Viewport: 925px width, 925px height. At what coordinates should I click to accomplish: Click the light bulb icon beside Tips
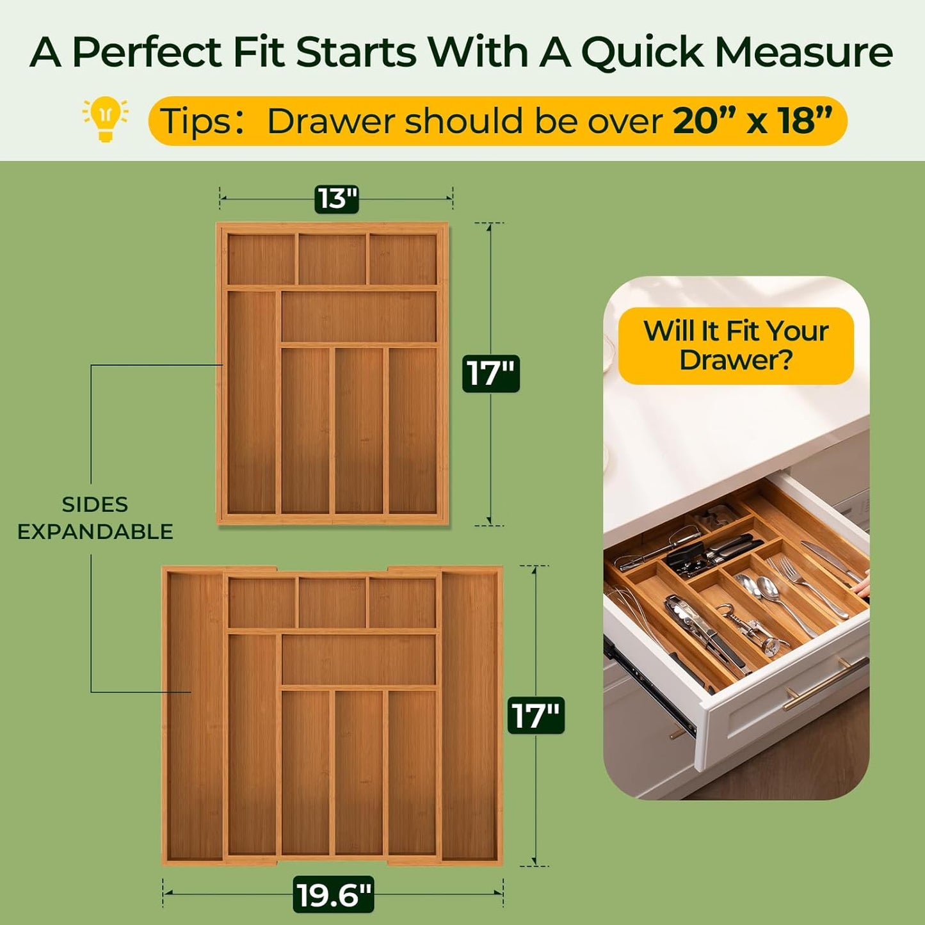pyautogui.click(x=106, y=119)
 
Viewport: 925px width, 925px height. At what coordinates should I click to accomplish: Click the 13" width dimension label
pyautogui.click(x=337, y=199)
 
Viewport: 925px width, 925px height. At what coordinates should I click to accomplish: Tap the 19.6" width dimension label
pyautogui.click(x=334, y=894)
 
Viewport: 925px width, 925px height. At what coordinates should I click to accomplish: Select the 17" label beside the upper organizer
pyautogui.click(x=491, y=374)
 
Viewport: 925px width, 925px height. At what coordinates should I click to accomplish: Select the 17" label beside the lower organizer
pyautogui.click(x=536, y=715)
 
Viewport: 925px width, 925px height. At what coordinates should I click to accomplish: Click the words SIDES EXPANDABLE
pyautogui.click(x=95, y=518)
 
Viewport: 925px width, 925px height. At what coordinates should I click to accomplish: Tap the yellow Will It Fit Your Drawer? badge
pyautogui.click(x=736, y=346)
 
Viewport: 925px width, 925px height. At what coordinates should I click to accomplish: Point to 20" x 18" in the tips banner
pyautogui.click(x=752, y=120)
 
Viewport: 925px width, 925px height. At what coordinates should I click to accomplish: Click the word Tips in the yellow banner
pyautogui.click(x=195, y=121)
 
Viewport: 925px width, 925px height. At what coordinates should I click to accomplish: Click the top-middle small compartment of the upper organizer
pyautogui.click(x=332, y=259)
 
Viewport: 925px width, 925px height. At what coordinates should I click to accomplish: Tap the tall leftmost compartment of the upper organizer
pyautogui.click(x=252, y=401)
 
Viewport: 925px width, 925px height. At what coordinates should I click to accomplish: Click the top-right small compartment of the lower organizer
pyautogui.click(x=402, y=603)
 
